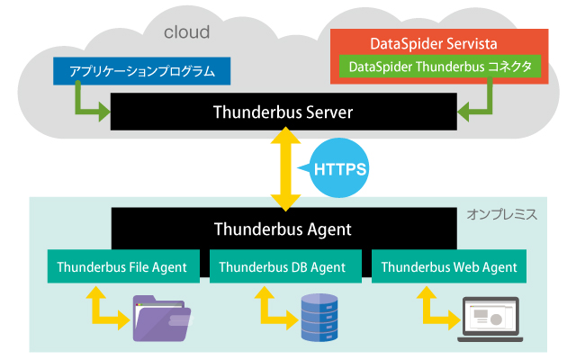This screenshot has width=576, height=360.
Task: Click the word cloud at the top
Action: [186, 33]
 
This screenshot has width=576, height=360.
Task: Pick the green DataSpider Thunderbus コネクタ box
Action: [440, 66]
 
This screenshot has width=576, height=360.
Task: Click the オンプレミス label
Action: [501, 215]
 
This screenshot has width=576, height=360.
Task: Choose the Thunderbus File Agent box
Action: [121, 266]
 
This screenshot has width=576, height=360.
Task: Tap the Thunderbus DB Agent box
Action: [283, 266]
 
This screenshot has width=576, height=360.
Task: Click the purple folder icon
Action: [163, 318]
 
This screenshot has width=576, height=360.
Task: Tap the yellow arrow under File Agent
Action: [102, 309]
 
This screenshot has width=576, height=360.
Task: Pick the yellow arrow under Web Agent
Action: [431, 309]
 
